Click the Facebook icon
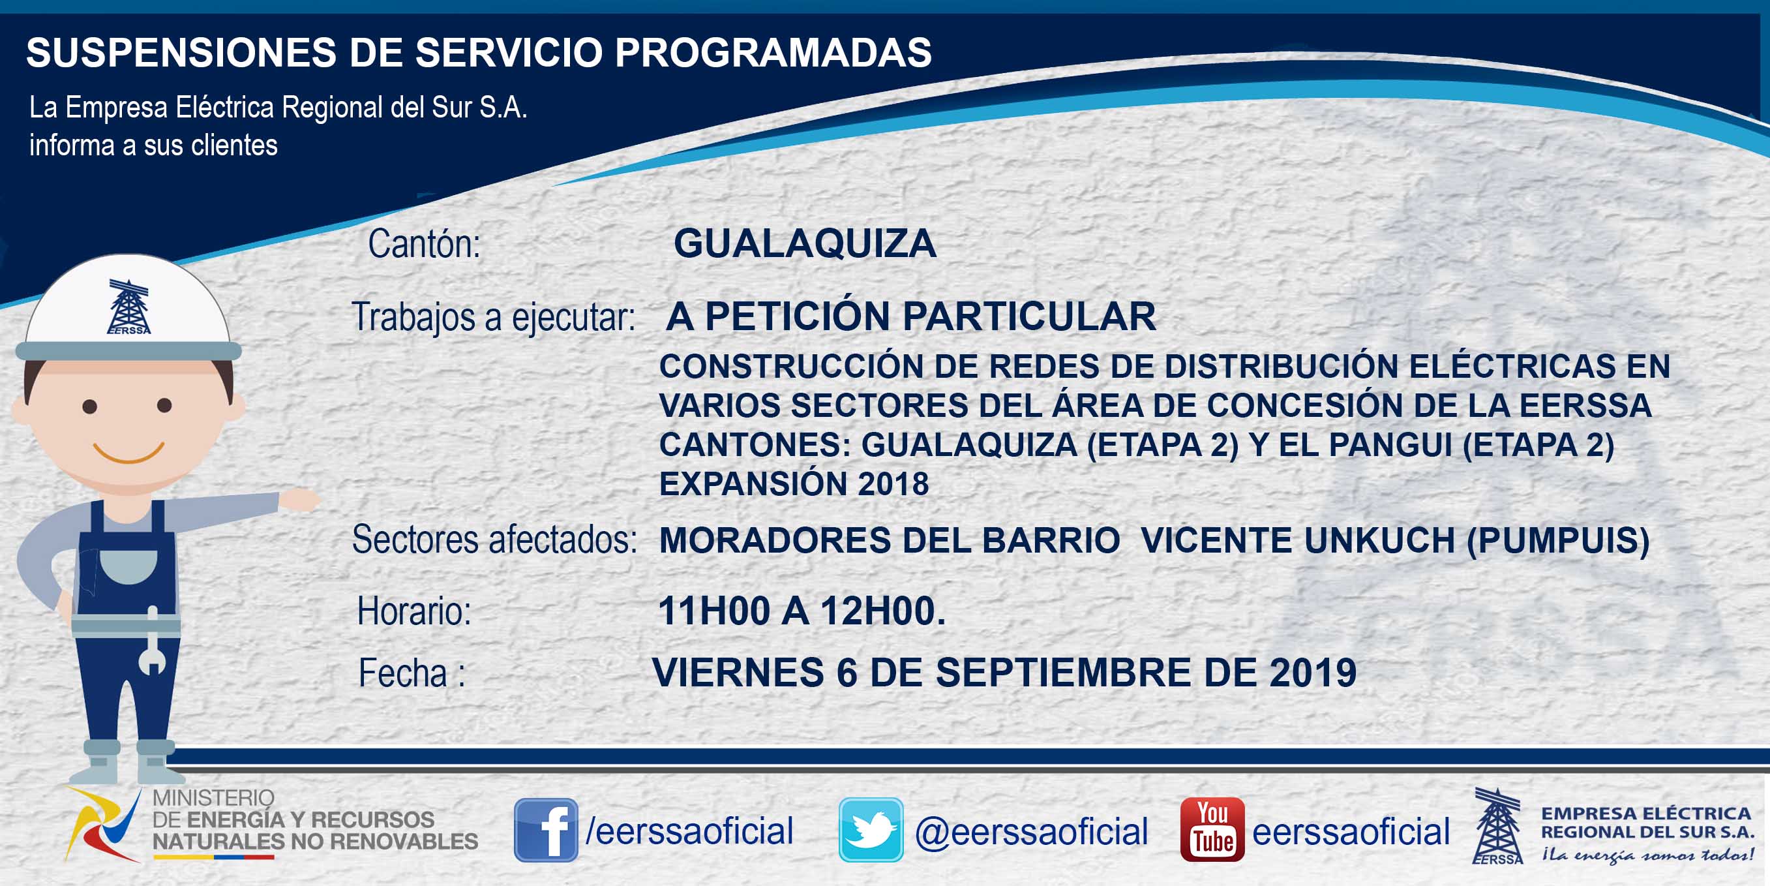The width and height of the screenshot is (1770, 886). [x=546, y=830]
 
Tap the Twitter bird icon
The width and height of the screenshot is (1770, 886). [x=871, y=830]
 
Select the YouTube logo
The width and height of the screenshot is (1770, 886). [x=1212, y=830]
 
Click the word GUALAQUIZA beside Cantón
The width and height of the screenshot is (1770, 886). [x=805, y=243]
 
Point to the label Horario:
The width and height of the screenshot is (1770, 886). [x=414, y=611]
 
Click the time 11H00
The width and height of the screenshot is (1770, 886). [x=714, y=611]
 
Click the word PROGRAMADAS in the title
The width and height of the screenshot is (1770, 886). [x=773, y=52]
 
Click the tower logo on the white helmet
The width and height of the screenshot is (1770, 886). [x=128, y=307]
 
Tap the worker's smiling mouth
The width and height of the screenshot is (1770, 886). [x=128, y=452]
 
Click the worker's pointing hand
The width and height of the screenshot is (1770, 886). [x=299, y=500]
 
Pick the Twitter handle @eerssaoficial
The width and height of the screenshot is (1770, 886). [x=1031, y=832]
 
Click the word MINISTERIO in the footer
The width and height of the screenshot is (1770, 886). [x=213, y=797]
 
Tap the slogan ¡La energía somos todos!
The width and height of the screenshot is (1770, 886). [x=1647, y=855]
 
